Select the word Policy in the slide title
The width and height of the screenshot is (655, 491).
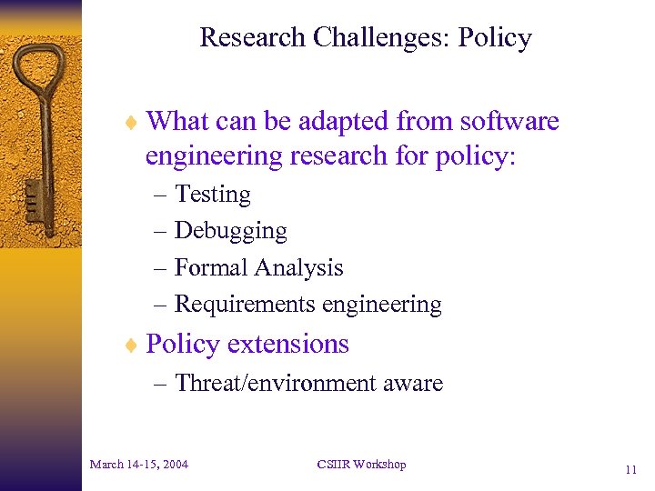tap(495, 37)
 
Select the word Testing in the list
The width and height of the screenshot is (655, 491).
tap(212, 195)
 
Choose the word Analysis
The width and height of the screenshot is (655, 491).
tap(299, 267)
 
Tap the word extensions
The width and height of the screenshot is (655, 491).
tap(288, 344)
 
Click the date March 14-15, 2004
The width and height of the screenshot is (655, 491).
tap(139, 465)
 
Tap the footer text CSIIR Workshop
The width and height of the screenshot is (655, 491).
tap(361, 465)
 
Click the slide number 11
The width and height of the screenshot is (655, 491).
tap(630, 470)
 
